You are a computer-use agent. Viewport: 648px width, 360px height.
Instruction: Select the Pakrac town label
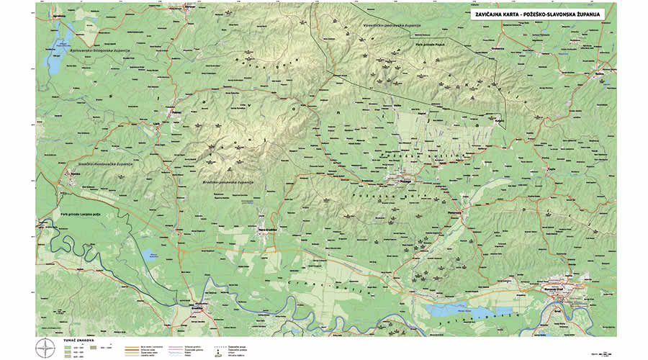(x=176, y=112)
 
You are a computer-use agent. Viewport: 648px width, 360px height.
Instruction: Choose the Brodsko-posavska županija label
(x=228, y=184)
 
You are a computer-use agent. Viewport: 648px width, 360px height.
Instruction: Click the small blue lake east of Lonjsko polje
(x=150, y=254)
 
